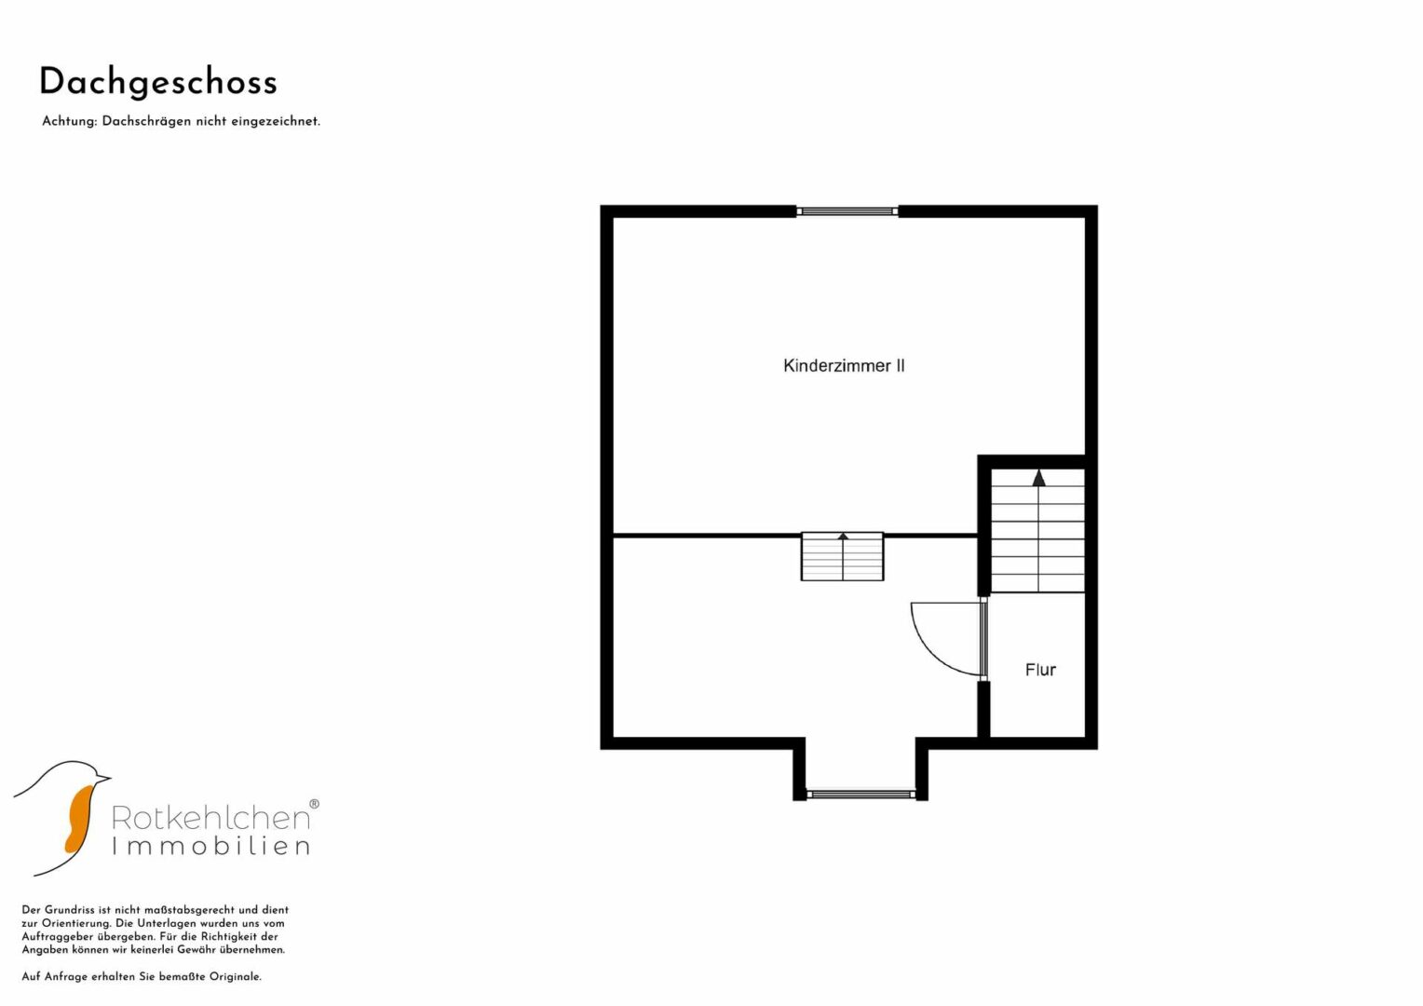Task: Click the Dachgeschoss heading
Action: coord(158,83)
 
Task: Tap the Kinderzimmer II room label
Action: coord(844,365)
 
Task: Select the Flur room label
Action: coord(1040,669)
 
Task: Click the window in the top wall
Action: coord(847,211)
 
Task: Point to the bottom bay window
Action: coord(861,794)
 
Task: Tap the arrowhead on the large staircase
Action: coord(1038,478)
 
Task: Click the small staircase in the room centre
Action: coord(842,556)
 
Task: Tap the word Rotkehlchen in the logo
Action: coord(210,818)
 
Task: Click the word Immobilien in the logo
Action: coord(210,847)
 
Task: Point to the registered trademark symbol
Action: coord(314,804)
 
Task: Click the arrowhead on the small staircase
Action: coord(843,537)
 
